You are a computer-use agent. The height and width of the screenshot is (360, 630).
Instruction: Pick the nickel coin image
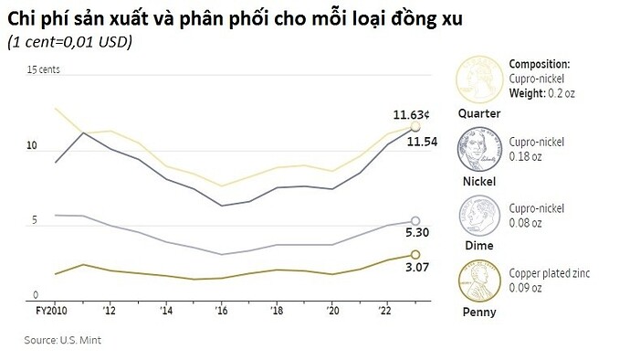point(479,150)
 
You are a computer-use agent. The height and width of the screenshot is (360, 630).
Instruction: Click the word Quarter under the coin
point(478,114)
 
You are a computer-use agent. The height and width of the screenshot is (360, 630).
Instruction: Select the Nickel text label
point(478,181)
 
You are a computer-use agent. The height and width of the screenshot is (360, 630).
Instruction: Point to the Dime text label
point(478,246)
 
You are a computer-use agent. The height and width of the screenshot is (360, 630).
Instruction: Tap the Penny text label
point(479,312)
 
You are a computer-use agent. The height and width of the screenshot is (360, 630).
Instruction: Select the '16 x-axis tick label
point(222,311)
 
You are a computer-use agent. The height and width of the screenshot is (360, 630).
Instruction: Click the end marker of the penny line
point(415,254)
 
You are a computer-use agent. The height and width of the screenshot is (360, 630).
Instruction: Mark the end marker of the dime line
point(415,220)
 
